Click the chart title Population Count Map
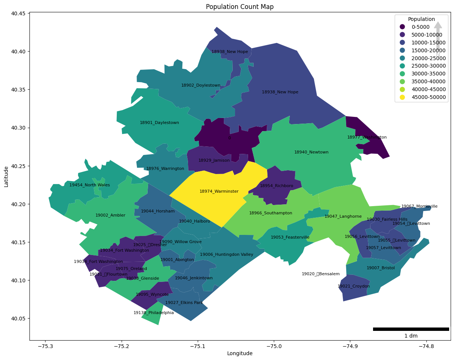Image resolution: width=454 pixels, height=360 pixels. click(240, 7)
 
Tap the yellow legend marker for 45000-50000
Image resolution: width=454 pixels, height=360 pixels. click(402, 97)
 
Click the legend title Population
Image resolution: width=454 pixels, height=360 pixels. click(421, 19)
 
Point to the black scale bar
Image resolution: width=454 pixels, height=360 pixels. click(411, 329)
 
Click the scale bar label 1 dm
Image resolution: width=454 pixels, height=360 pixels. click(411, 336)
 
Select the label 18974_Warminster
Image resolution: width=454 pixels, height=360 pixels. click(219, 192)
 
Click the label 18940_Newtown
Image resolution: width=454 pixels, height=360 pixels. click(311, 152)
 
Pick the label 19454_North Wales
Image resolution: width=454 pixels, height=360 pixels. click(90, 185)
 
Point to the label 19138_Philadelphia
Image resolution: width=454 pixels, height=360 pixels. click(154, 313)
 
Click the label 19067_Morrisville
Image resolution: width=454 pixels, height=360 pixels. click(419, 207)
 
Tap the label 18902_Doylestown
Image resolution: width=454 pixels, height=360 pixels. click(201, 86)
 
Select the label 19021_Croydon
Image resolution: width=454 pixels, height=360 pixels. click(354, 286)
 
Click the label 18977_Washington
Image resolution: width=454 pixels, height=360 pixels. click(367, 137)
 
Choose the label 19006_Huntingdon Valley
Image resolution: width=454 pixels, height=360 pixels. click(226, 255)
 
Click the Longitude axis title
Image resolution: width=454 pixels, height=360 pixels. click(240, 353)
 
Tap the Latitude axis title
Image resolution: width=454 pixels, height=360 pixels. click(6, 176)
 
